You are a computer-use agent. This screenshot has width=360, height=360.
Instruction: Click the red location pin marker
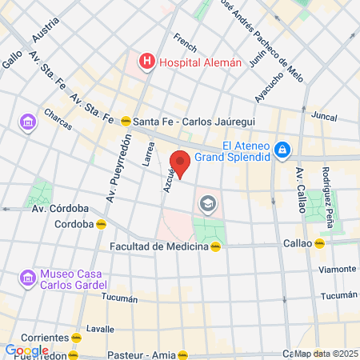181,163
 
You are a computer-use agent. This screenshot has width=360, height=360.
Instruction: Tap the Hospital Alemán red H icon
147,60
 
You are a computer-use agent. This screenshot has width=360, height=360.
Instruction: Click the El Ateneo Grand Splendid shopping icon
281,150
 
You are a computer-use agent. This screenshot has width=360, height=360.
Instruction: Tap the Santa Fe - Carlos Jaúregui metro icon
126,122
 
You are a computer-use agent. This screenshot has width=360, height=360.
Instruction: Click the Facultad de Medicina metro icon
215,246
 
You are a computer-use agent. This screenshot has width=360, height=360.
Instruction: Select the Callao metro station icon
319,243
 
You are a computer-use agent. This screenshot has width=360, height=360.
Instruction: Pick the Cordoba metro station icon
100,224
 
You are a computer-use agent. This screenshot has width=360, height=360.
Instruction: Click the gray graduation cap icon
208,204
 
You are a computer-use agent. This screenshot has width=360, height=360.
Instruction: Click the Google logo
26,350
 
